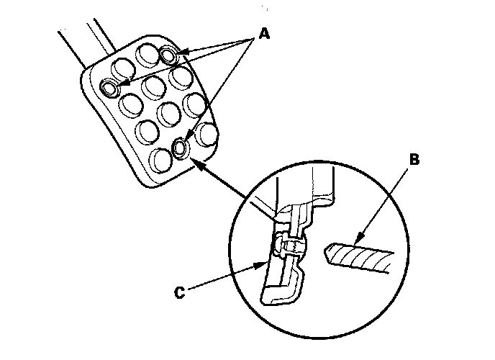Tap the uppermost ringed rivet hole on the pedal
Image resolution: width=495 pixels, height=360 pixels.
click(170, 55)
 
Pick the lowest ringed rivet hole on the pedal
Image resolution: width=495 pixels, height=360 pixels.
click(181, 148)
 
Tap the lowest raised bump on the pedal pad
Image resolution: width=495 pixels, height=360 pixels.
click(158, 158)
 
